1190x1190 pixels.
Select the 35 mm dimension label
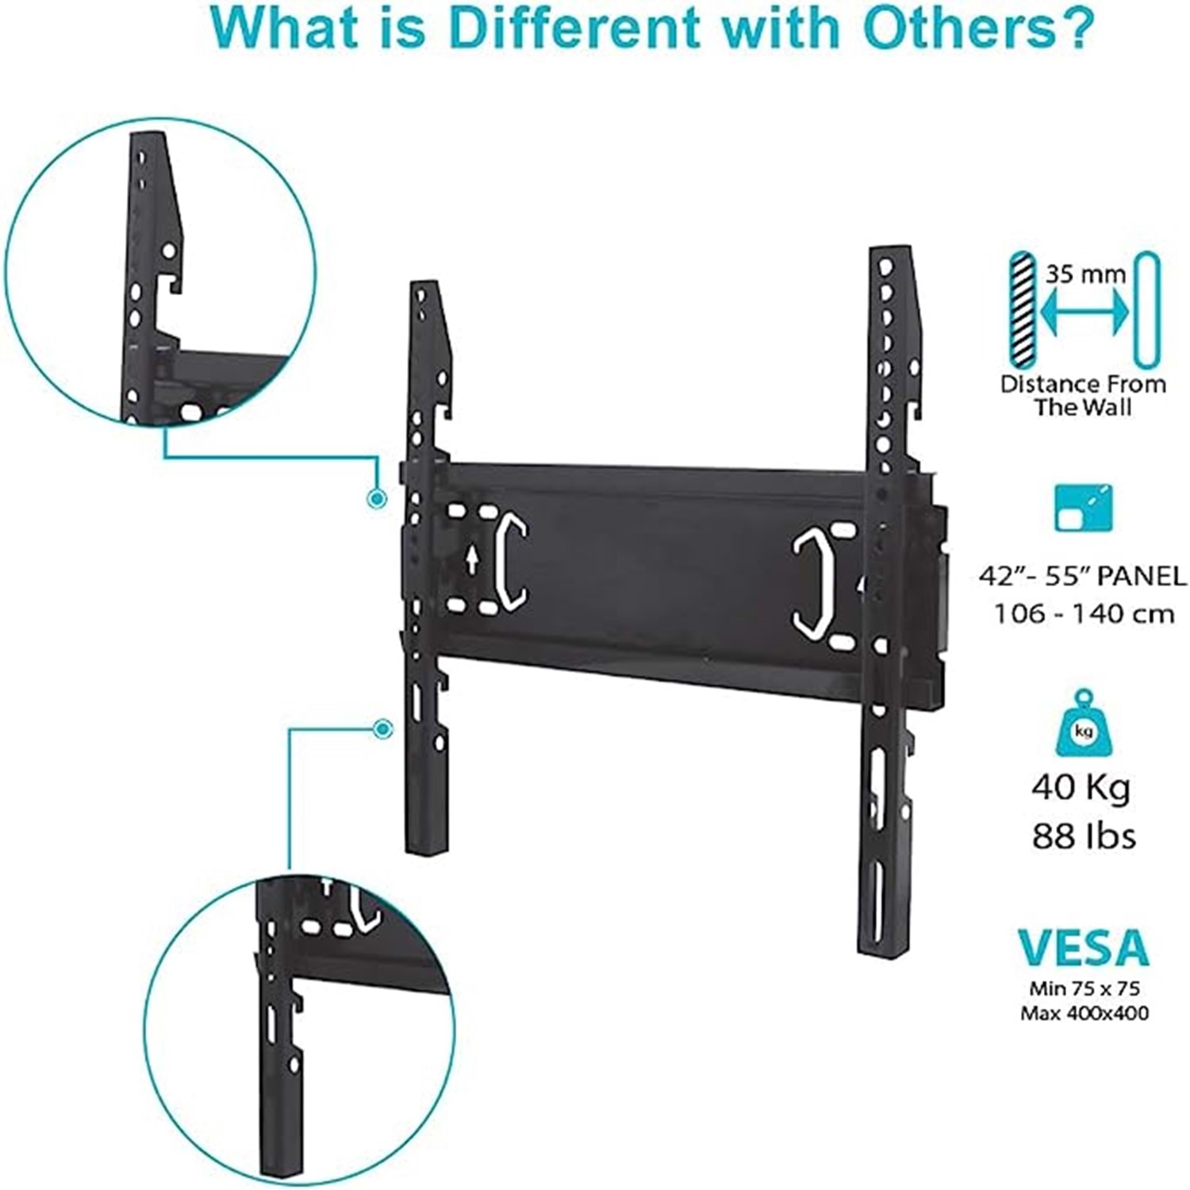[1084, 274]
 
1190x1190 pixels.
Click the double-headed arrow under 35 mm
[1084, 314]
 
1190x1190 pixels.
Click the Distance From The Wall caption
[1083, 395]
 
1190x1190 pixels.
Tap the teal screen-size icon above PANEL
[1084, 508]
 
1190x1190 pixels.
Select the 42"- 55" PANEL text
[1083, 574]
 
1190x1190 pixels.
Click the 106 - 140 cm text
[1084, 613]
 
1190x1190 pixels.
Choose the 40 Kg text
[1081, 788]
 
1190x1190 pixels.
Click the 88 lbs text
[1084, 835]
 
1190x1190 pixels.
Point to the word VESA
[1083, 947]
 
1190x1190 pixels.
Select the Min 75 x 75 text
[1084, 988]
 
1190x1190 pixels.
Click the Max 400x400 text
[1084, 1013]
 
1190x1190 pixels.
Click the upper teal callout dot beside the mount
[378, 498]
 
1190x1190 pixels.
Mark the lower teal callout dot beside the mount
[383, 729]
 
